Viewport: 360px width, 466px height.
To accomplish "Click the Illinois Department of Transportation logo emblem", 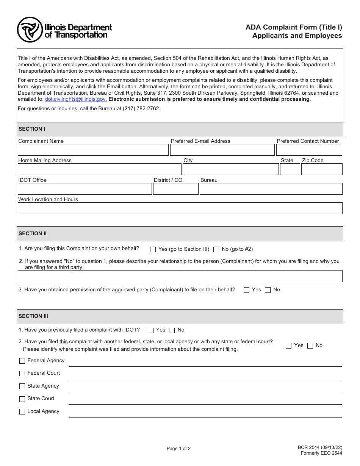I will (x=30, y=30).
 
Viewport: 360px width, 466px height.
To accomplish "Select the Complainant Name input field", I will (x=93, y=150).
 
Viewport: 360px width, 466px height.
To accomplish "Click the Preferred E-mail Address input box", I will (x=222, y=150).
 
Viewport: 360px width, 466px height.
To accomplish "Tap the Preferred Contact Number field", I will (x=309, y=150).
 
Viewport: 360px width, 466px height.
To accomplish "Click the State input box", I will (x=290, y=169).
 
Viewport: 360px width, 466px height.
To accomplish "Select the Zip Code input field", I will (x=322, y=169).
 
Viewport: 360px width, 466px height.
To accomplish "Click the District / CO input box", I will (x=175, y=189).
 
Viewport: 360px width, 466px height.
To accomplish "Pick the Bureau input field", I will (x=271, y=189).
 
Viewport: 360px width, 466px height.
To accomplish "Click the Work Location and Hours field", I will (x=180, y=208).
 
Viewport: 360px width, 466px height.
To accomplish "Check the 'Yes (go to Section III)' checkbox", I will (x=153, y=249).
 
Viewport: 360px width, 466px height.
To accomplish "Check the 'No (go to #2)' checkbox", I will (x=216, y=249).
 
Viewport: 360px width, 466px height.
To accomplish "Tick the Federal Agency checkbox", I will (x=22, y=361).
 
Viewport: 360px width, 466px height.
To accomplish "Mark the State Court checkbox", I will (x=22, y=399).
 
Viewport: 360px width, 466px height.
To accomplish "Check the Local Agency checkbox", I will (x=22, y=411).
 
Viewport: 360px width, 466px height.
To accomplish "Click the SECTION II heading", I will (x=33, y=234).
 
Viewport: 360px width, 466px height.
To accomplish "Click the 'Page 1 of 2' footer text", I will (x=178, y=449).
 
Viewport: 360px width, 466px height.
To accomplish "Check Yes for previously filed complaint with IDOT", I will (x=151, y=330).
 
